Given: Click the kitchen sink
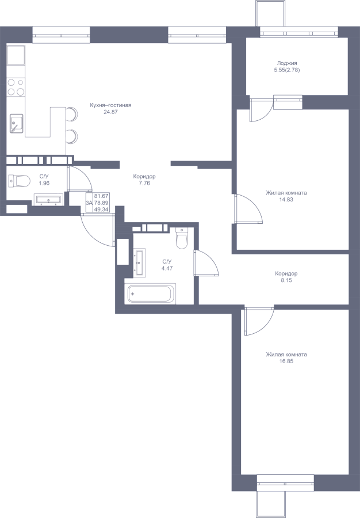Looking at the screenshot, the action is pyautogui.click(x=16, y=123).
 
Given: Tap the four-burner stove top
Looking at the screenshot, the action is pyautogui.click(x=16, y=87).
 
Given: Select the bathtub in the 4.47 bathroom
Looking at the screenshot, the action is pyautogui.click(x=150, y=294).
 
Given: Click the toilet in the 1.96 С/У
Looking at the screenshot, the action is pyautogui.click(x=20, y=181).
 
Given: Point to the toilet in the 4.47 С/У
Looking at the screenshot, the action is pyautogui.click(x=182, y=238).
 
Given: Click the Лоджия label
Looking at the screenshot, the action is pyautogui.click(x=287, y=63).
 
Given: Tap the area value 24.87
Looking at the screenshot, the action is pyautogui.click(x=110, y=112).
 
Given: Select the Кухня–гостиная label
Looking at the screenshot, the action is pyautogui.click(x=110, y=105).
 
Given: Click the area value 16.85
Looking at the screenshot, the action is pyautogui.click(x=286, y=361).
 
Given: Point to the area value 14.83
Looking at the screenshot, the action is pyautogui.click(x=286, y=200).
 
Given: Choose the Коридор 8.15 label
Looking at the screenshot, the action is pyautogui.click(x=286, y=277).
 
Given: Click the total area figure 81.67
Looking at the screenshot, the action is pyautogui.click(x=101, y=196).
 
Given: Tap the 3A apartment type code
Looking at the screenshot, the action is pyautogui.click(x=89, y=203).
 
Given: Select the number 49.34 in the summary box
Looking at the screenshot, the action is pyautogui.click(x=101, y=209).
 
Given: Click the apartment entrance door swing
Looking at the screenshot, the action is pyautogui.click(x=98, y=230).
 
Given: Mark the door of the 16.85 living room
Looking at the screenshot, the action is pyautogui.click(x=259, y=321).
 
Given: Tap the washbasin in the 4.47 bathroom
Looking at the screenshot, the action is pyautogui.click(x=139, y=262).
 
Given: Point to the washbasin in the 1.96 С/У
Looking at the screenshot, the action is pyautogui.click(x=48, y=200).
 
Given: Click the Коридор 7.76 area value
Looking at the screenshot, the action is pyautogui.click(x=144, y=183).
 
